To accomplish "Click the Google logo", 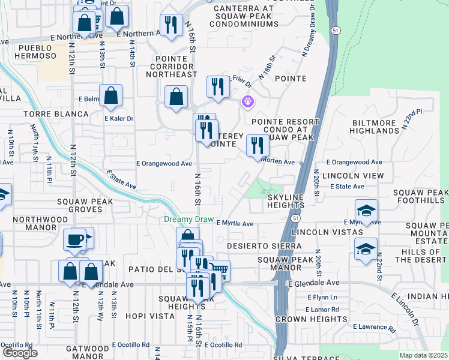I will click(x=20, y=353).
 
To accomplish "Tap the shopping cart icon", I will click(x=219, y=271).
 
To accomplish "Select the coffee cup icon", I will click(x=75, y=239).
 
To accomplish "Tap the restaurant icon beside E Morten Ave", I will click(x=258, y=146).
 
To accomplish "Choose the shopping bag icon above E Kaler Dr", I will click(x=111, y=95).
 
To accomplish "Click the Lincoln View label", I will click(x=352, y=176).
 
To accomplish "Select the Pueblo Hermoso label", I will click(x=37, y=52).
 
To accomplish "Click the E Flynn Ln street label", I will click(x=322, y=297).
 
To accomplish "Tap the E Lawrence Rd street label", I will click(x=374, y=328).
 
